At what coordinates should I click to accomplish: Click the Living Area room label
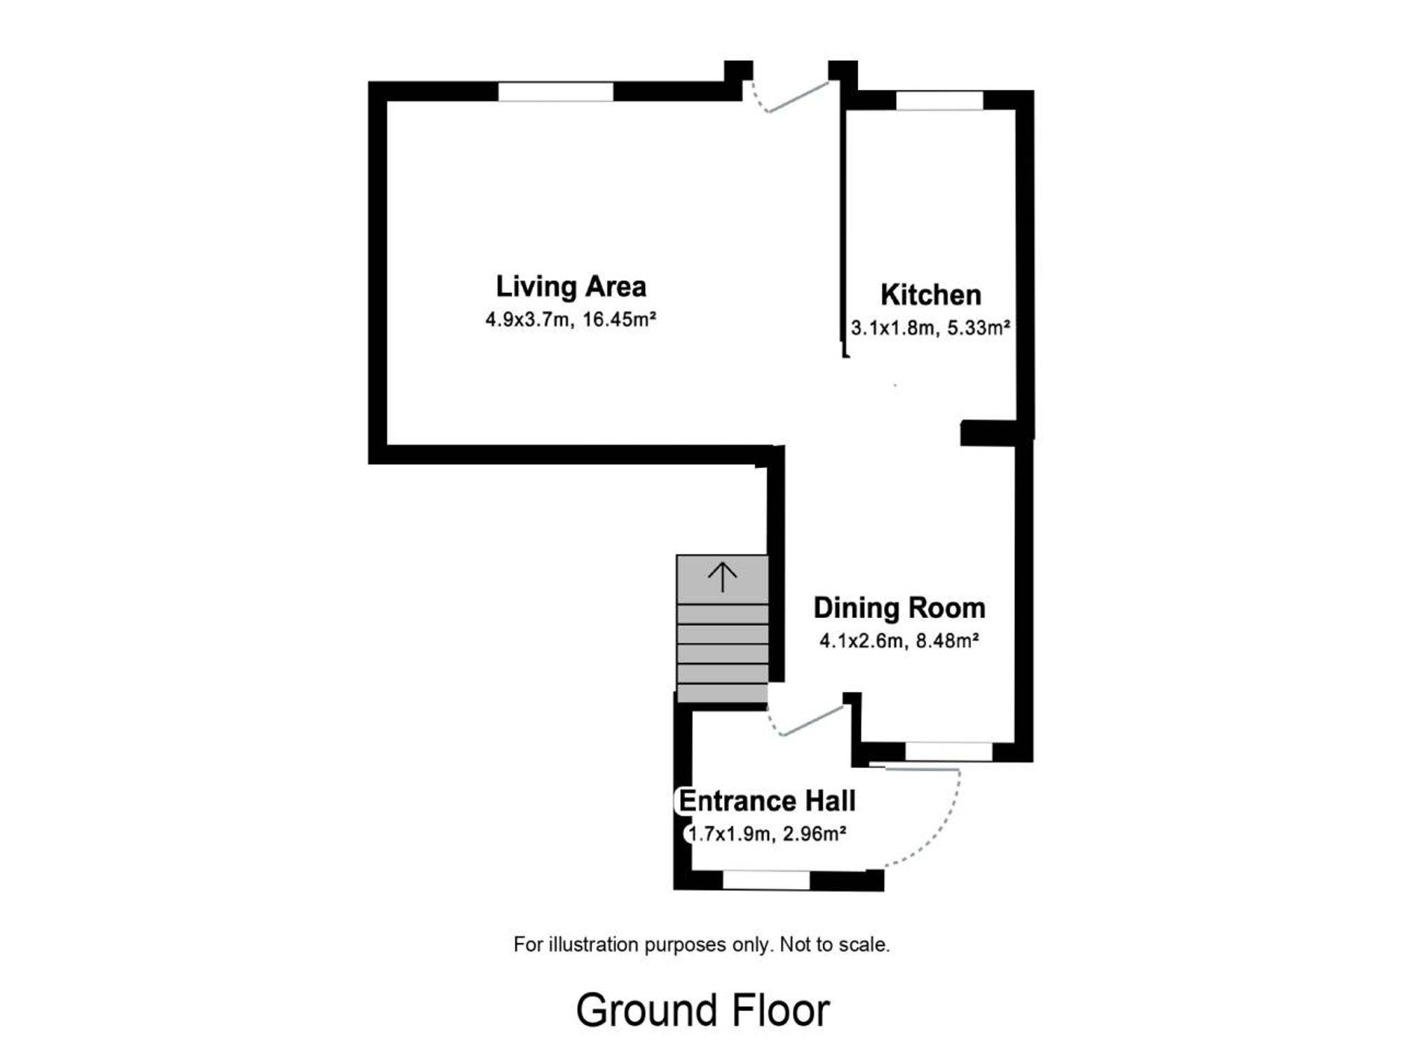tap(571, 287)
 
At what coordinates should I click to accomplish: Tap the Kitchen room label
tap(930, 295)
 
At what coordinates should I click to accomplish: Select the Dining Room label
tap(899, 608)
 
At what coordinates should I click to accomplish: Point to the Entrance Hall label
tap(767, 801)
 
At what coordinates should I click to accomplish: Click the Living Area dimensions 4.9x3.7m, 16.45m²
tap(571, 320)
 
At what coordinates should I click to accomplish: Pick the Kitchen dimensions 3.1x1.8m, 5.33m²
tap(930, 328)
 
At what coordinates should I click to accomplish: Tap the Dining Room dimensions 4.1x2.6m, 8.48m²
tap(899, 641)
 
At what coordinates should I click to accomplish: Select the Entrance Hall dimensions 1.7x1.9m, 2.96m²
tap(767, 834)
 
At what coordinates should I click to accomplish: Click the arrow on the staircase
tap(722, 578)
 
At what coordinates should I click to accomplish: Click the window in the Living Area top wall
tap(556, 92)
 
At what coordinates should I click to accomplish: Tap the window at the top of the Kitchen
tap(939, 100)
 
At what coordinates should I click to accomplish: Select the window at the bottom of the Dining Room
tap(949, 752)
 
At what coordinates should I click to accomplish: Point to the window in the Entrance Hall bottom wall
tap(766, 881)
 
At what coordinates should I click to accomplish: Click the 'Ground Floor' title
tap(703, 1011)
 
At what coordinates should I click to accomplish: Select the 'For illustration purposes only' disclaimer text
tap(702, 945)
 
